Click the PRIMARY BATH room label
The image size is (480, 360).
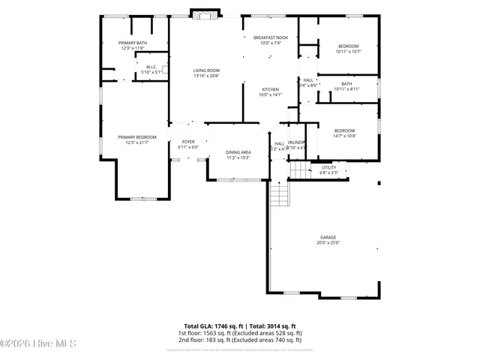132,43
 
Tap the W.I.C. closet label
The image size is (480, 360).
150,68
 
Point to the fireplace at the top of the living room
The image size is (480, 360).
205,13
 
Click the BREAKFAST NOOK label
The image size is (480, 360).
270,37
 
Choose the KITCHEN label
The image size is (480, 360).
270,89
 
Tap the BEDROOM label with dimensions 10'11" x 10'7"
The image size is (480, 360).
349,46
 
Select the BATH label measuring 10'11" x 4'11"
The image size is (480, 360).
346,83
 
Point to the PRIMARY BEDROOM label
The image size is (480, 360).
136,136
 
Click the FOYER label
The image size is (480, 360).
188,142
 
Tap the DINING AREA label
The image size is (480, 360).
238,152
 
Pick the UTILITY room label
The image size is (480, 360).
329,167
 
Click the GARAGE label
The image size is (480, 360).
328,237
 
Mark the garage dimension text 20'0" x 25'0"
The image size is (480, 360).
328,243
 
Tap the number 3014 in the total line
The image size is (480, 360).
267,326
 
